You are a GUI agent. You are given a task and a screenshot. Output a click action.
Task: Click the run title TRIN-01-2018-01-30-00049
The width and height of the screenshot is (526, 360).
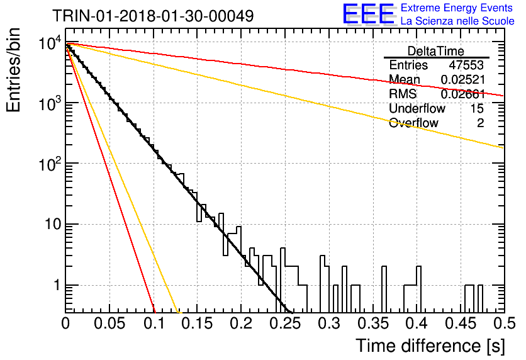point(153,16)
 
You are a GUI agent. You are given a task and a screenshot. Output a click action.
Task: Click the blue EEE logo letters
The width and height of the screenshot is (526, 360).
point(368,14)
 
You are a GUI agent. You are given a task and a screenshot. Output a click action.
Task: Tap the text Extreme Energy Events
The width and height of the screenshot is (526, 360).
point(457,8)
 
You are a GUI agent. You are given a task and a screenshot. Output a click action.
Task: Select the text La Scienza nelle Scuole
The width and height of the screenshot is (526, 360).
point(457,21)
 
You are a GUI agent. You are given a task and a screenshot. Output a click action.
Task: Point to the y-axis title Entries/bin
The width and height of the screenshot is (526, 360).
point(13,70)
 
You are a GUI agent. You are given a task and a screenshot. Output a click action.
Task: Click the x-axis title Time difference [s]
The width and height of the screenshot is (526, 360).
point(430,346)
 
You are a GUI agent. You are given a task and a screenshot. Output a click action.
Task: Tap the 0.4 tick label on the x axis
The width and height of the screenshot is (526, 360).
point(418,323)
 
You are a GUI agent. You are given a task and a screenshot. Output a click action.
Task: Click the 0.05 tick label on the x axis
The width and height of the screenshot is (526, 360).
point(109,323)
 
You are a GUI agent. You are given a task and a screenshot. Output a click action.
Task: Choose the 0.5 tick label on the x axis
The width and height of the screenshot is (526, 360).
point(504,323)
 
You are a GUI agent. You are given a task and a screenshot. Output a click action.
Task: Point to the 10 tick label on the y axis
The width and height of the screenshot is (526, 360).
point(53,224)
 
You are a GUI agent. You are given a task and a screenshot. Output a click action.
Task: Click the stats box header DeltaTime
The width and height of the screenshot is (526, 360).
point(436,51)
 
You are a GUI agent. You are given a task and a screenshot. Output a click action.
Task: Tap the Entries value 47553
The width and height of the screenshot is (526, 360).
point(466,65)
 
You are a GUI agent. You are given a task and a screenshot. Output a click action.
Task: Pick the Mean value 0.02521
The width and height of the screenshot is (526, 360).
point(462,79)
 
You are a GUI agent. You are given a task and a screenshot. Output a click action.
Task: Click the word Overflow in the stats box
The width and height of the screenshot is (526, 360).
point(413,123)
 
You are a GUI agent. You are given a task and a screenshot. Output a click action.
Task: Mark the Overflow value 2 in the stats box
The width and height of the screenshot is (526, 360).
point(480,123)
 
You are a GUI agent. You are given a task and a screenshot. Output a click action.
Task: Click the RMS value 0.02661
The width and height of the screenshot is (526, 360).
point(462,94)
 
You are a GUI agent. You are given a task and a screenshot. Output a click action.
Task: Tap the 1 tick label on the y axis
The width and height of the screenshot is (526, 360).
point(57,285)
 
